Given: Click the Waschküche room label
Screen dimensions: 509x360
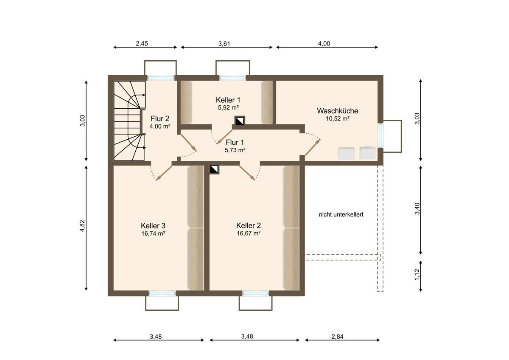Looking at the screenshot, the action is click(338, 111).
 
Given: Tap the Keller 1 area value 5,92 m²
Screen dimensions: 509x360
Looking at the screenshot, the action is click(228, 107).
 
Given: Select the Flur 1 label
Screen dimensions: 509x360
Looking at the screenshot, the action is click(235, 142).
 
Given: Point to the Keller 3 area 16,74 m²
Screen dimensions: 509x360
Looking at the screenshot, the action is click(153, 233).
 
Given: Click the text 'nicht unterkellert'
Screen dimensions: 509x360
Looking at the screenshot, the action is click(341, 214).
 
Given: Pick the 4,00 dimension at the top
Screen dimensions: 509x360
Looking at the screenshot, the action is click(324, 43).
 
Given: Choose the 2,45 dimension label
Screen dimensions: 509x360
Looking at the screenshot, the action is click(142, 43).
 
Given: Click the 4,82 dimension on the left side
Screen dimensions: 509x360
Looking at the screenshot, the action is click(82, 226).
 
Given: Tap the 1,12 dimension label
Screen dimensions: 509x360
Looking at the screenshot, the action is click(417, 275).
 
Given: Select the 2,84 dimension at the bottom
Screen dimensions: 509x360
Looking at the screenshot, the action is click(337, 336).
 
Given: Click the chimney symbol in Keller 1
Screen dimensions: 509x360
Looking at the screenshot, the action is click(240, 121).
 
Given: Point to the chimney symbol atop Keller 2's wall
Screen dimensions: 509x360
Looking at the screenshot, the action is click(214, 169).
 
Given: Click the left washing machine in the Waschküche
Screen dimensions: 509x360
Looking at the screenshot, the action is click(346, 154).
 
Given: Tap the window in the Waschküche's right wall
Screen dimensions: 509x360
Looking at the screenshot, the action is click(380, 135).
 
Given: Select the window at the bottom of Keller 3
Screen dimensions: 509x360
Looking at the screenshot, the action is click(162, 293).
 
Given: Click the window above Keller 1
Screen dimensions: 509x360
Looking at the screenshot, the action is click(232, 78).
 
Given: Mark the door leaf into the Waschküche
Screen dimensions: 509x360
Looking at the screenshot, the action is click(313, 147).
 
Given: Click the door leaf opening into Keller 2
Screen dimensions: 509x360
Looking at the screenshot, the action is click(247, 173).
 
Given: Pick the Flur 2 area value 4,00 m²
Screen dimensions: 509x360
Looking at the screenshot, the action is click(160, 127).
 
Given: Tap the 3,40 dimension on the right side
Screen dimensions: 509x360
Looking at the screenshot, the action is click(417, 209).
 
